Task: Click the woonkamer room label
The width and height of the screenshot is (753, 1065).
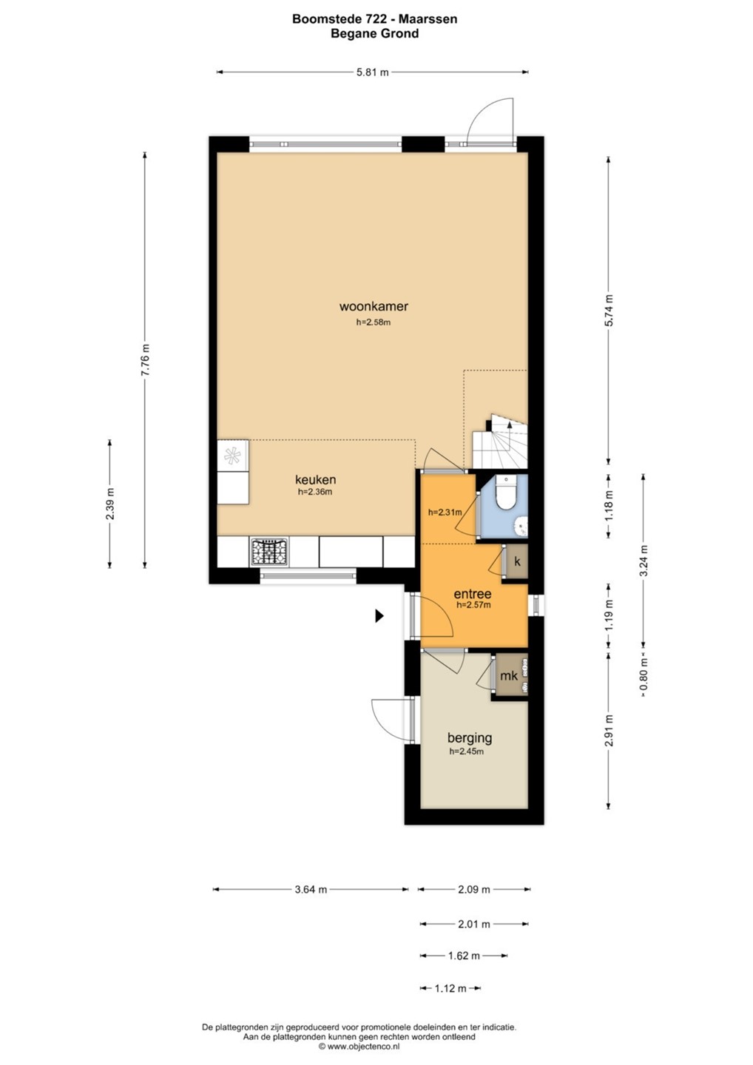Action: pyautogui.click(x=374, y=306)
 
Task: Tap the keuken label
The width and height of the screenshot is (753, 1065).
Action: pyautogui.click(x=315, y=479)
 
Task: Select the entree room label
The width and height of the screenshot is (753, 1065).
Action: pyautogui.click(x=472, y=594)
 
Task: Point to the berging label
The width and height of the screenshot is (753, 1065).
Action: pyautogui.click(x=469, y=738)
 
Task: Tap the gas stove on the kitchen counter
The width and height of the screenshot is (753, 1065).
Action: pyautogui.click(x=269, y=552)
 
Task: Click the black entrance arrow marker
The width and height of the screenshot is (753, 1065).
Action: pyautogui.click(x=379, y=615)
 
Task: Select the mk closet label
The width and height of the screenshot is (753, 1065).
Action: pyautogui.click(x=508, y=675)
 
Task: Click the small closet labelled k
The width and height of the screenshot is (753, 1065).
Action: pyautogui.click(x=516, y=561)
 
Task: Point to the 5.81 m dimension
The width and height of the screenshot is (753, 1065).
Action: pyautogui.click(x=372, y=72)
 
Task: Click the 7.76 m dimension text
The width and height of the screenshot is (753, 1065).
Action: pyautogui.click(x=145, y=360)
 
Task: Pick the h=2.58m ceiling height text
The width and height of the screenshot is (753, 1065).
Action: pyautogui.click(x=374, y=322)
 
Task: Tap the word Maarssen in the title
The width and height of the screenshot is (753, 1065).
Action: pyautogui.click(x=428, y=19)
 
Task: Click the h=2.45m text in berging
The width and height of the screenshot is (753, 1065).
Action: pyautogui.click(x=466, y=751)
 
